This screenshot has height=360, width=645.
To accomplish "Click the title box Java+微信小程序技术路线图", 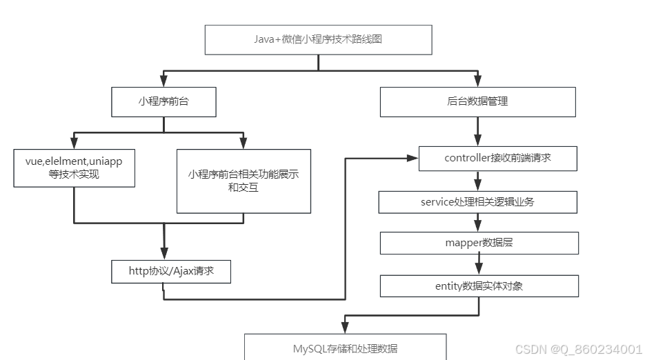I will click(x=318, y=39).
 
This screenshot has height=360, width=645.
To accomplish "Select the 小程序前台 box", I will click(x=163, y=101).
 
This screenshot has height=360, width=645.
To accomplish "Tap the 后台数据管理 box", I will click(x=477, y=101).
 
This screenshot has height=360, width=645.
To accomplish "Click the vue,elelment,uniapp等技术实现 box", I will click(x=74, y=168).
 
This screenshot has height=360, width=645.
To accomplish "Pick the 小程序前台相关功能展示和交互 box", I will click(x=244, y=181).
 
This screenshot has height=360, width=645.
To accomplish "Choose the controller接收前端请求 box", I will click(x=497, y=158).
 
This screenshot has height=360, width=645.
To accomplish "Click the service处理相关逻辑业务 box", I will click(x=477, y=202).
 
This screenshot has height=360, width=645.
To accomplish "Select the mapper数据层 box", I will click(x=479, y=243).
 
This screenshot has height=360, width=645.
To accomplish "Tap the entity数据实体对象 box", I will click(x=479, y=286).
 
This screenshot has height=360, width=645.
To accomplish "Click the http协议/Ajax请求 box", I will click(x=171, y=271).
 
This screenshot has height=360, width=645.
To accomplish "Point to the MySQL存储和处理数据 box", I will click(x=346, y=348).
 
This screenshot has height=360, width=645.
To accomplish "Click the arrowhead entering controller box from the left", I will click(x=413, y=158).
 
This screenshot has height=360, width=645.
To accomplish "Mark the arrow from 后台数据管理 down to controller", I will click(x=477, y=132).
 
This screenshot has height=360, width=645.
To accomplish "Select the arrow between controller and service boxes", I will click(x=477, y=181).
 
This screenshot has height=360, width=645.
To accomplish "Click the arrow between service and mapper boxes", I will click(x=477, y=222).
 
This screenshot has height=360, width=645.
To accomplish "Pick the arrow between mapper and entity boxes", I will click(x=477, y=264).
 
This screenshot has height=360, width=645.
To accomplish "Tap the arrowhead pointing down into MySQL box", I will click(x=344, y=328).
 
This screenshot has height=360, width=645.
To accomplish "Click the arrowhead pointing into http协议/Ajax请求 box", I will click(x=164, y=253).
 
